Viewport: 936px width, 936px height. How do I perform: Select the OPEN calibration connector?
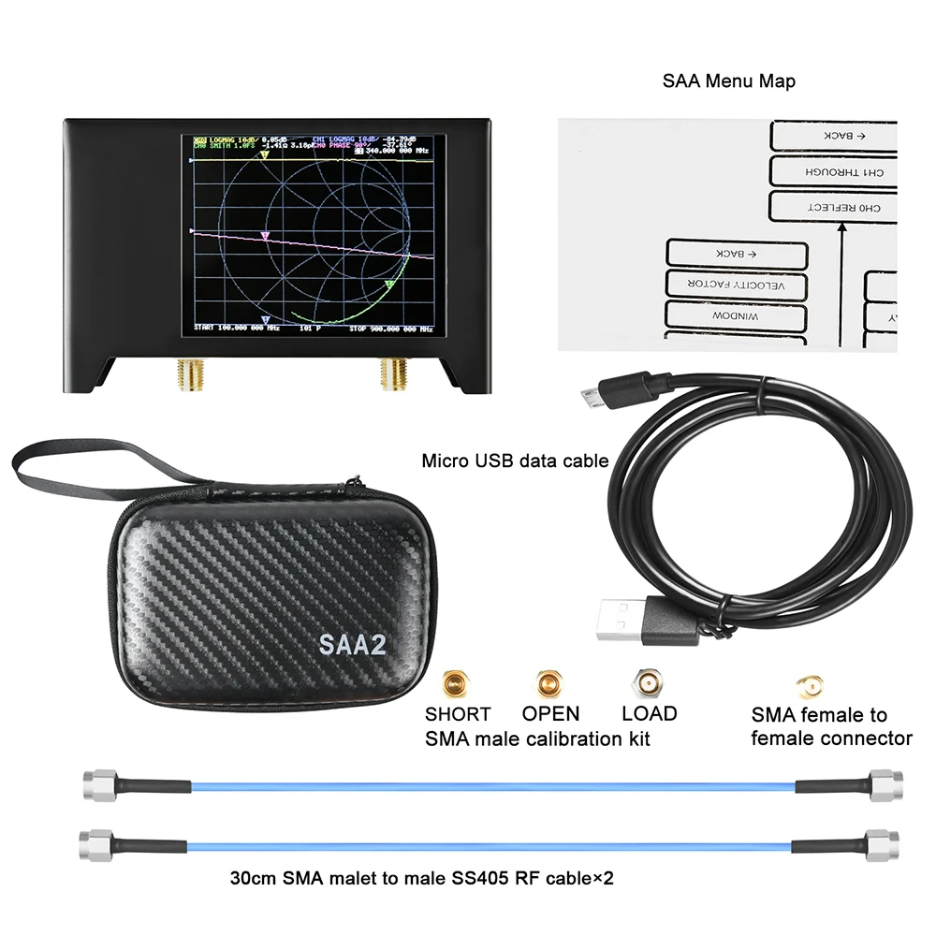click(548, 683)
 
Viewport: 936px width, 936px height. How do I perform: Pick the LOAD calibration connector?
click(647, 683)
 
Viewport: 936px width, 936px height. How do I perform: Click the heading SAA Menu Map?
click(729, 81)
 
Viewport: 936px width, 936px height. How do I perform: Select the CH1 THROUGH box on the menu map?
click(832, 172)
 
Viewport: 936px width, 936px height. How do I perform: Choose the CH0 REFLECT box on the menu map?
click(832, 206)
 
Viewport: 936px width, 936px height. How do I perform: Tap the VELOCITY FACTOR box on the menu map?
click(737, 285)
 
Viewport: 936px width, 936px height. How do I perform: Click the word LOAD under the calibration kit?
click(649, 714)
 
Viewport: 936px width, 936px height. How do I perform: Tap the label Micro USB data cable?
click(515, 461)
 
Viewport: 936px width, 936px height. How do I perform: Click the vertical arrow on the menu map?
click(841, 281)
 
